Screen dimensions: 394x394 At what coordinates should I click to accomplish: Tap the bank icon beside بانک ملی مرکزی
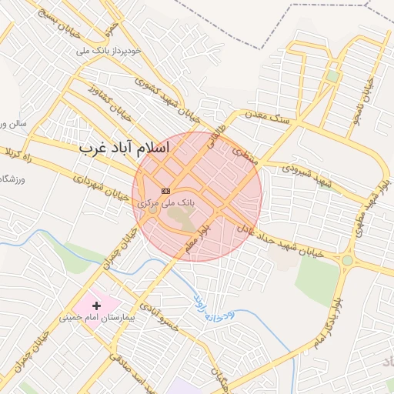coord(165,190)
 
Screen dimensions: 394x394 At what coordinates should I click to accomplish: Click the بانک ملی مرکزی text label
coord(166,202)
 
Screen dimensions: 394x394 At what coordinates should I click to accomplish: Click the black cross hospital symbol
coord(96,306)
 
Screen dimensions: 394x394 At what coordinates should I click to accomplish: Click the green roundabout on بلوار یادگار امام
coord(348,259)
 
